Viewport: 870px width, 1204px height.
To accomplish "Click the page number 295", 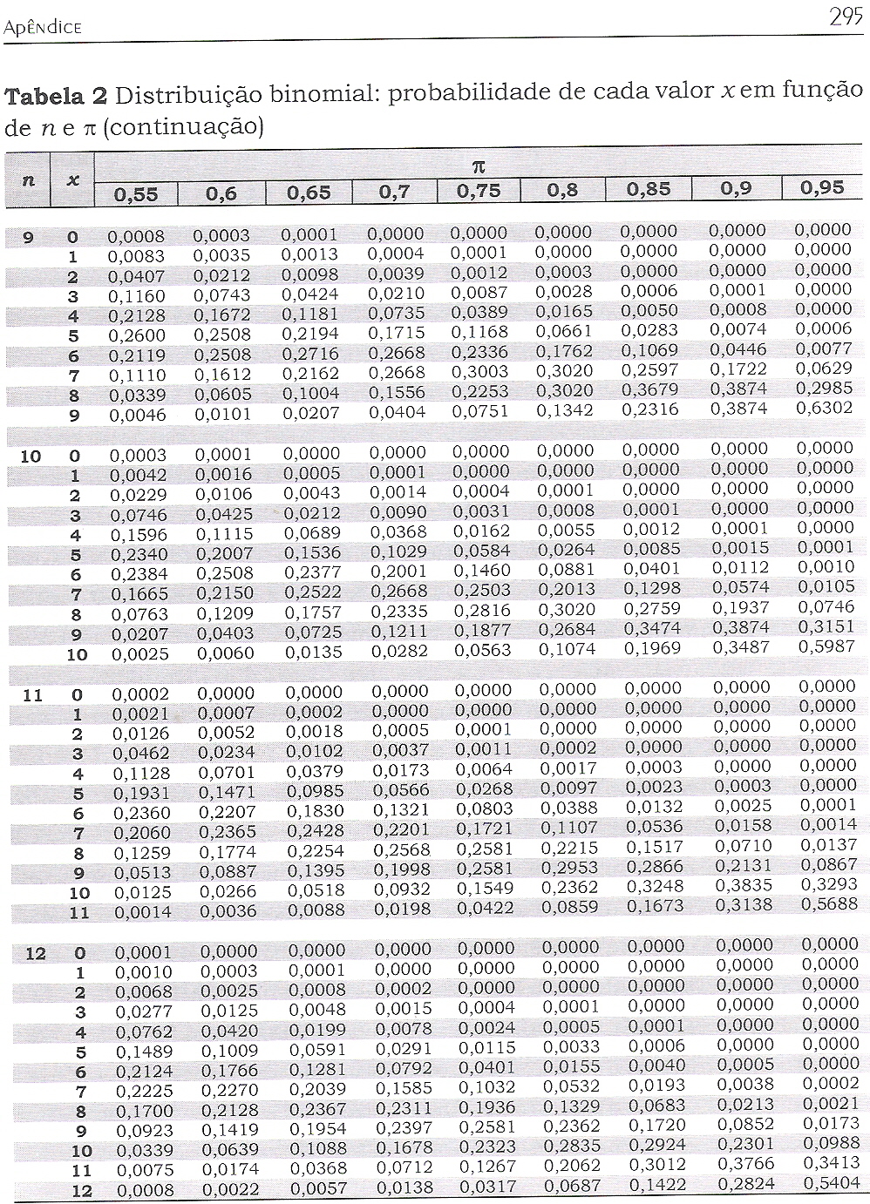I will click(845, 18).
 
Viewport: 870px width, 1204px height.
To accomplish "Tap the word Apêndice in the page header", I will click(43, 28).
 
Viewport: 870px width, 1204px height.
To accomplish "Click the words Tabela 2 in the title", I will click(57, 96).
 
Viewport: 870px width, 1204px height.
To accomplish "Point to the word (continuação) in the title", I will click(183, 127).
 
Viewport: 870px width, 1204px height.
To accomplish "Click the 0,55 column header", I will click(137, 193).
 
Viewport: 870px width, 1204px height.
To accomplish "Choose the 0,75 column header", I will click(479, 190).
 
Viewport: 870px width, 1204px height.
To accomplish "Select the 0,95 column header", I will click(822, 187).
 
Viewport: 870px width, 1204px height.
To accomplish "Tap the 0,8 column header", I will click(563, 190).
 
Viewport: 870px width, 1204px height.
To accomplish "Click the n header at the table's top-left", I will click(29, 180).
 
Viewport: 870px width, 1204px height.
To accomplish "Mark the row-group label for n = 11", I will click(32, 695).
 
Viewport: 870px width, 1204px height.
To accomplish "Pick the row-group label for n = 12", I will click(35, 953).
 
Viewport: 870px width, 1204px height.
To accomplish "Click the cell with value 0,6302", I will click(823, 407).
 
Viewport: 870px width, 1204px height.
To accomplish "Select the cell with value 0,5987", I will click(825, 646).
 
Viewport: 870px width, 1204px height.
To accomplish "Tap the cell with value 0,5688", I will click(827, 904).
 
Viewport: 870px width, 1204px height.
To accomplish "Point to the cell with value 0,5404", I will click(830, 1183).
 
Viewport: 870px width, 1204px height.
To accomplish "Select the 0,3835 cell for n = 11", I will click(742, 885).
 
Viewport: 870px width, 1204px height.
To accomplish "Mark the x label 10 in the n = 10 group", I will click(77, 654).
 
